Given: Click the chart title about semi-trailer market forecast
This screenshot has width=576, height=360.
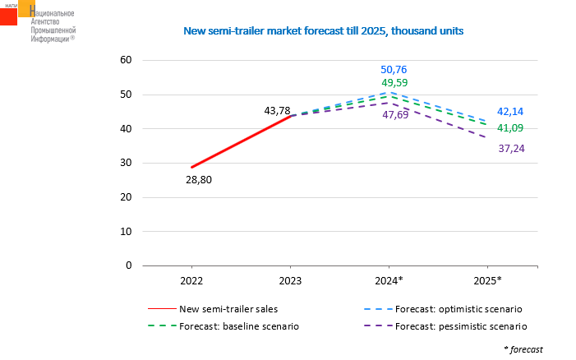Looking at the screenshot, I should coord(323,30).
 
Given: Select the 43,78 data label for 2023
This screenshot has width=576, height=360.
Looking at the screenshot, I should coord(278,110).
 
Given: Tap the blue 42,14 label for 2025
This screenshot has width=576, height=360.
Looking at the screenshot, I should coord(510,111).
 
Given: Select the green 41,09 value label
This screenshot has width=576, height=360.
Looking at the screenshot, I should coord(510,127).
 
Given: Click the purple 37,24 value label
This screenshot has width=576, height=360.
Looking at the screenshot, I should coord(510,148).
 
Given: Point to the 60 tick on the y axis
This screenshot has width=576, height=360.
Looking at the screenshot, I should coord(126,60).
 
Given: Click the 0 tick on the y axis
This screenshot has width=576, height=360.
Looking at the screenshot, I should coord(129,265).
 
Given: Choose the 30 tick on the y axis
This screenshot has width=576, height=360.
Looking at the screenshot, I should coord(126,163).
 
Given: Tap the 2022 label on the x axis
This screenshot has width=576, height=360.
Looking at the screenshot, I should coord(191,281).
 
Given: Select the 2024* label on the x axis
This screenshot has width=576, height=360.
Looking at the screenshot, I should coord(389,281).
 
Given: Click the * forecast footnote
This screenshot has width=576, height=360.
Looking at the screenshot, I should coord(523,349).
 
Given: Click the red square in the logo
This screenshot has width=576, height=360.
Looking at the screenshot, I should coord(8,16).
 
